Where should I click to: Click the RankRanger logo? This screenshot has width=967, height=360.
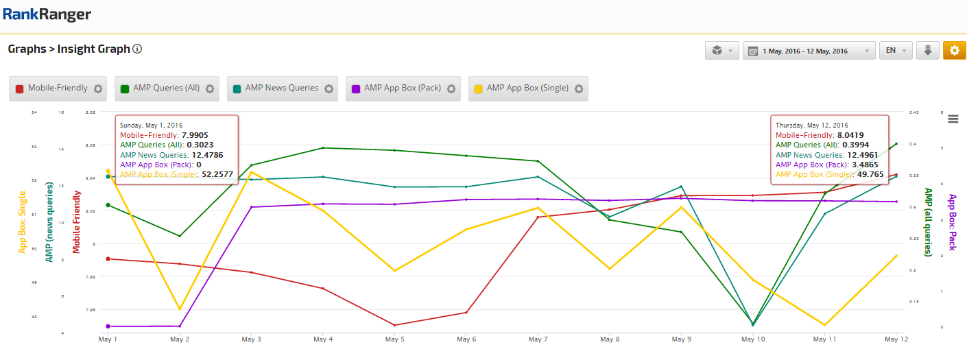point(47,15)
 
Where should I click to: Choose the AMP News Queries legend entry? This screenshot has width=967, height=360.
point(281,88)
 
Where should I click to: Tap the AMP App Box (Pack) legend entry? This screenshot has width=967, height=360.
point(402,88)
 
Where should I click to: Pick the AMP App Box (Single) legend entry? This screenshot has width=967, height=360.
point(527,88)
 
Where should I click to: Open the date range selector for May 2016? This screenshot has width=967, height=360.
point(809,51)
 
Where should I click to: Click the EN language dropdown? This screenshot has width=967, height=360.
point(895,51)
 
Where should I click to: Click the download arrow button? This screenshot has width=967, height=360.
point(927,51)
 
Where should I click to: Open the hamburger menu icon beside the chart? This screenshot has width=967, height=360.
point(953,119)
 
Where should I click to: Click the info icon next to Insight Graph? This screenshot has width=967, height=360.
point(137,49)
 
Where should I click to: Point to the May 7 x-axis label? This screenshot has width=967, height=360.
point(538,339)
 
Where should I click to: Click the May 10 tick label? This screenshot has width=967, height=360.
point(753,339)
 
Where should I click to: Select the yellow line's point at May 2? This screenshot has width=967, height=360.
point(180,309)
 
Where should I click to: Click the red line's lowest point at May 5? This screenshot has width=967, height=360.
point(395,325)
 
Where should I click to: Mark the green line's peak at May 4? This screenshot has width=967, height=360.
point(323,147)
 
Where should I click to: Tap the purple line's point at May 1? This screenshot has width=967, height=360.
point(108,326)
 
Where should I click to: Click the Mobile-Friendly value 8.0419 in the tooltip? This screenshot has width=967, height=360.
point(850,135)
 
